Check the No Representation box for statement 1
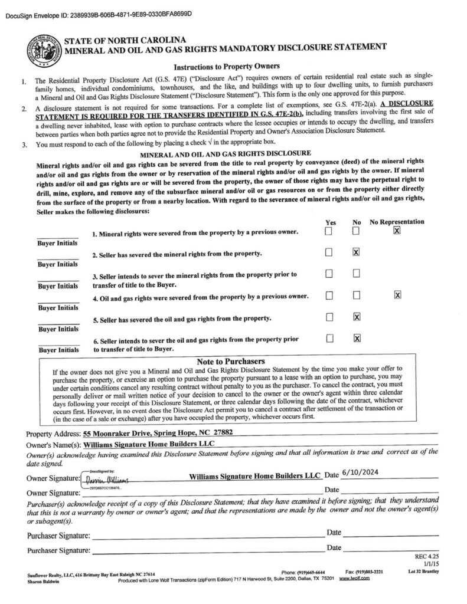coord(397,231)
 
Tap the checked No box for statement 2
coord(356,252)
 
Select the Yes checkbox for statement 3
coord(329,274)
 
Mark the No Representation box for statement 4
coord(397,295)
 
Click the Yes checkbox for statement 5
coord(329,317)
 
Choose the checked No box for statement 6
coord(356,338)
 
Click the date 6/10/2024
coord(358,474)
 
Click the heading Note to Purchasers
coord(230,361)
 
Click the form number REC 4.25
coord(427,557)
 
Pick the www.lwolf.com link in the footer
coord(354,579)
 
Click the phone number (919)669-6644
coord(303,572)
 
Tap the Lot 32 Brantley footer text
coord(423,572)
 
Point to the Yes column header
coord(331,222)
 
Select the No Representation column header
coord(397,222)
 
